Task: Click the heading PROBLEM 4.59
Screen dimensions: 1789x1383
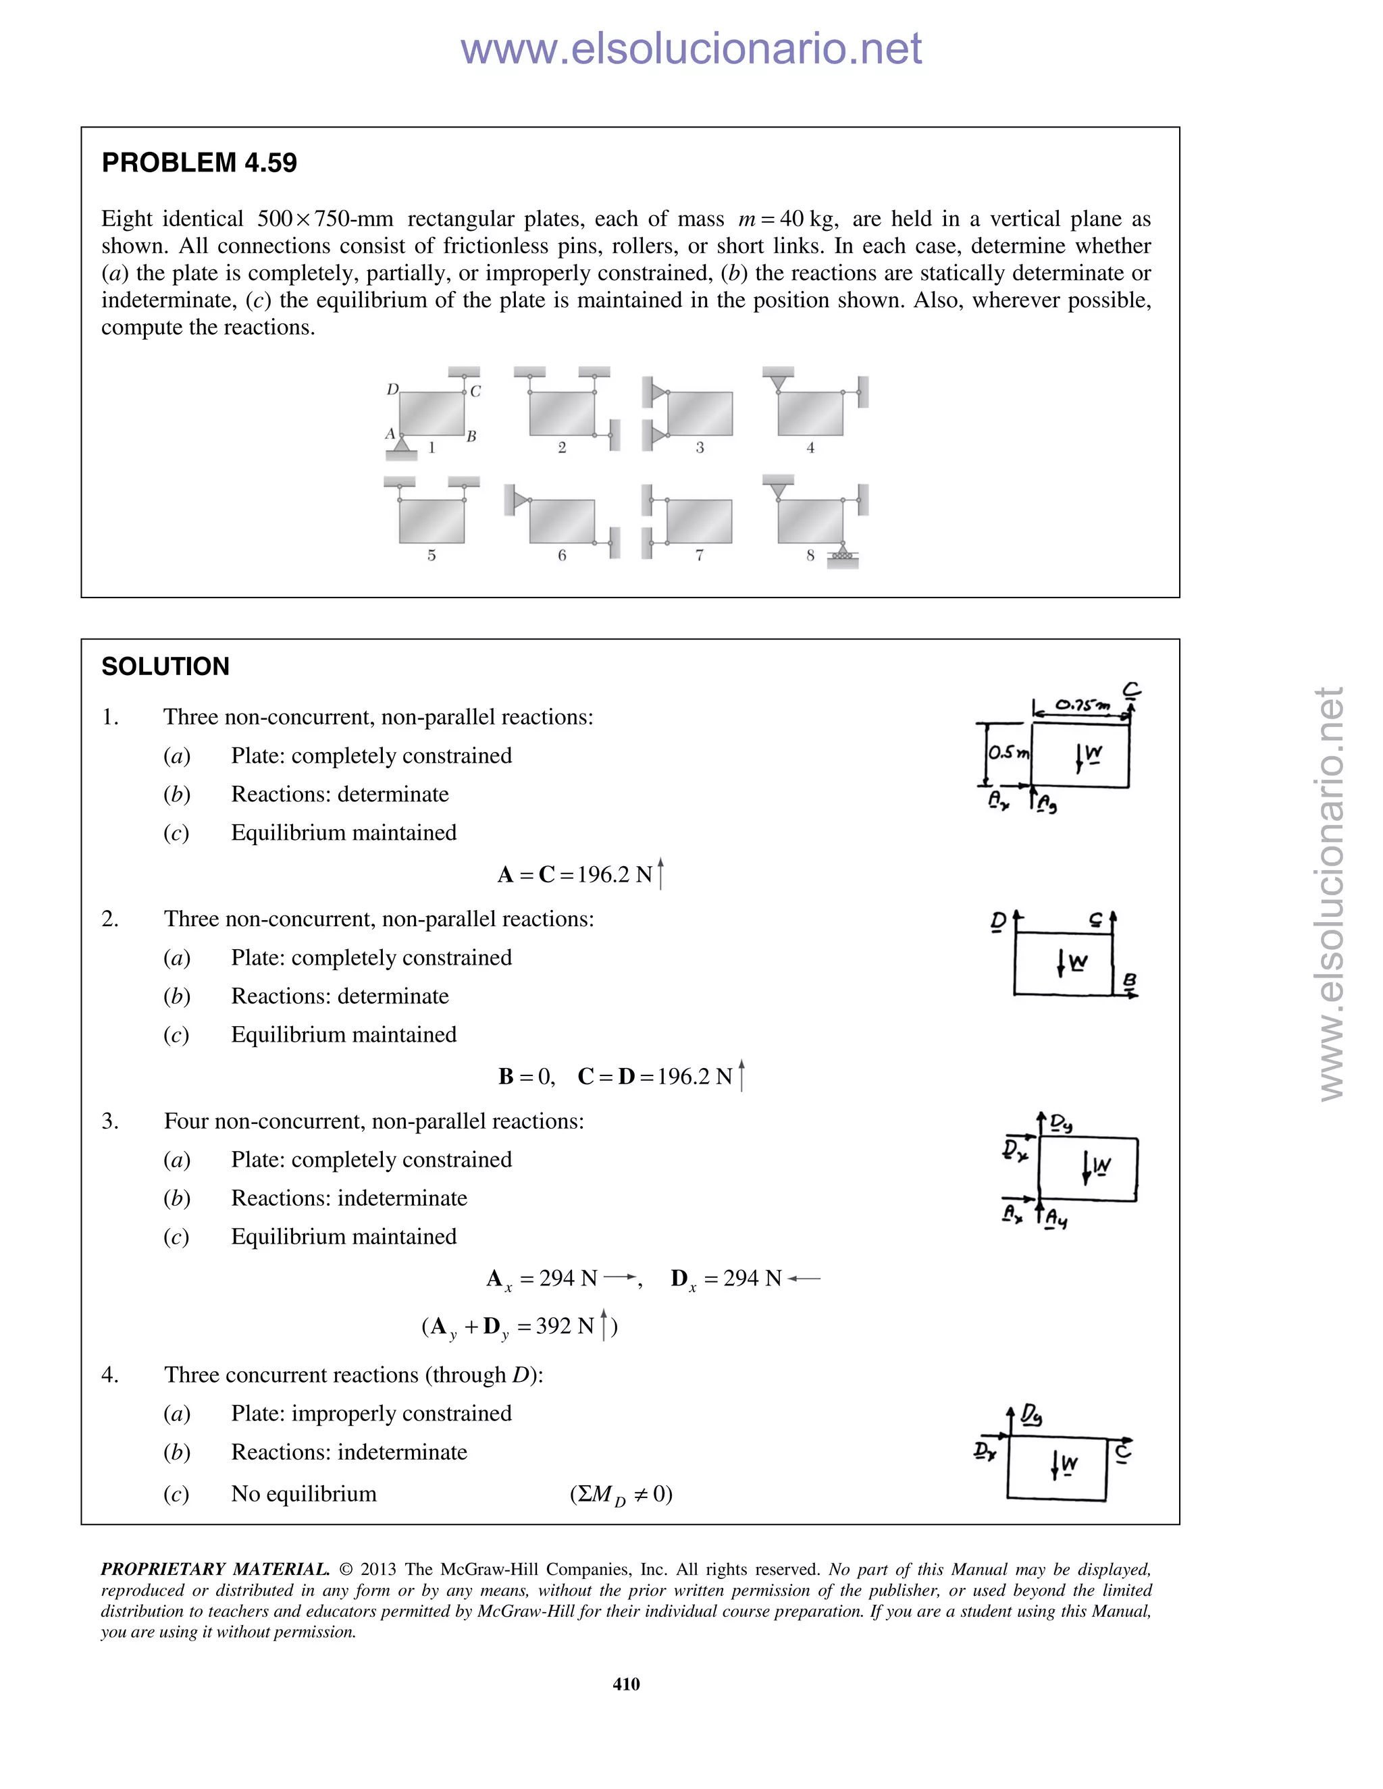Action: click(x=199, y=163)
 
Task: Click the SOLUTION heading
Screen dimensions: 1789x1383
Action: click(x=165, y=667)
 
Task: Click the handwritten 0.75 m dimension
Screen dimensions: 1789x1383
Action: click(x=1082, y=704)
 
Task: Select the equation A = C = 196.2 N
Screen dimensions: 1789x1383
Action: click(x=580, y=875)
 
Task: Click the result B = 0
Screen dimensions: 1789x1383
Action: click(x=526, y=1076)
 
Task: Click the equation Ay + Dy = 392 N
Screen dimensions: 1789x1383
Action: click(x=519, y=1326)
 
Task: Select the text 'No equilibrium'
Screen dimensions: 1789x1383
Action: click(x=303, y=1494)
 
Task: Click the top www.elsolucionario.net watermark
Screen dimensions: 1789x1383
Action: click(x=691, y=49)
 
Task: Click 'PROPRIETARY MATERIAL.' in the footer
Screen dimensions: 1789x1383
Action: click(x=215, y=1570)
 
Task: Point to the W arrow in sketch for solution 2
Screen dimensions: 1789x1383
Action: click(x=1063, y=963)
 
